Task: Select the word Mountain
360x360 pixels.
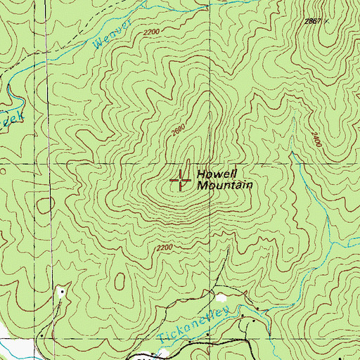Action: point(224,186)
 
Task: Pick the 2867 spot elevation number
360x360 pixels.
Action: point(314,22)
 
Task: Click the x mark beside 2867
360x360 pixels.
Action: point(327,22)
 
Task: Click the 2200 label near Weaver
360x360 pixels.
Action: point(150,33)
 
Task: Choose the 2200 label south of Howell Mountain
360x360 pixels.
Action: point(164,247)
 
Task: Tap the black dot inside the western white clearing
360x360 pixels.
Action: point(62,290)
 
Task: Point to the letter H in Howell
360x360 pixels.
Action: point(200,174)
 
